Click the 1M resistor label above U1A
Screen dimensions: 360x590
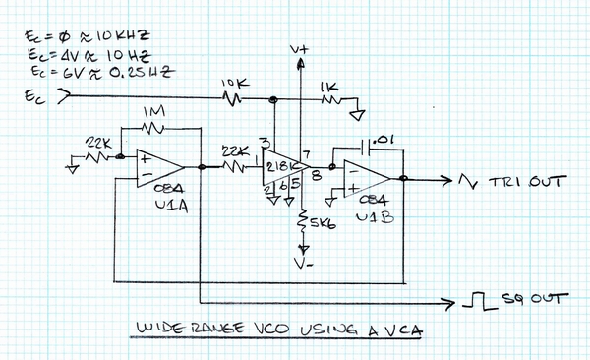[x=154, y=114]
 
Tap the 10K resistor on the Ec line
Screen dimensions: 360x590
[x=234, y=98]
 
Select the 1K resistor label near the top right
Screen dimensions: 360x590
[x=328, y=86]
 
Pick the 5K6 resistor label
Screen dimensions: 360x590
[x=320, y=224]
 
